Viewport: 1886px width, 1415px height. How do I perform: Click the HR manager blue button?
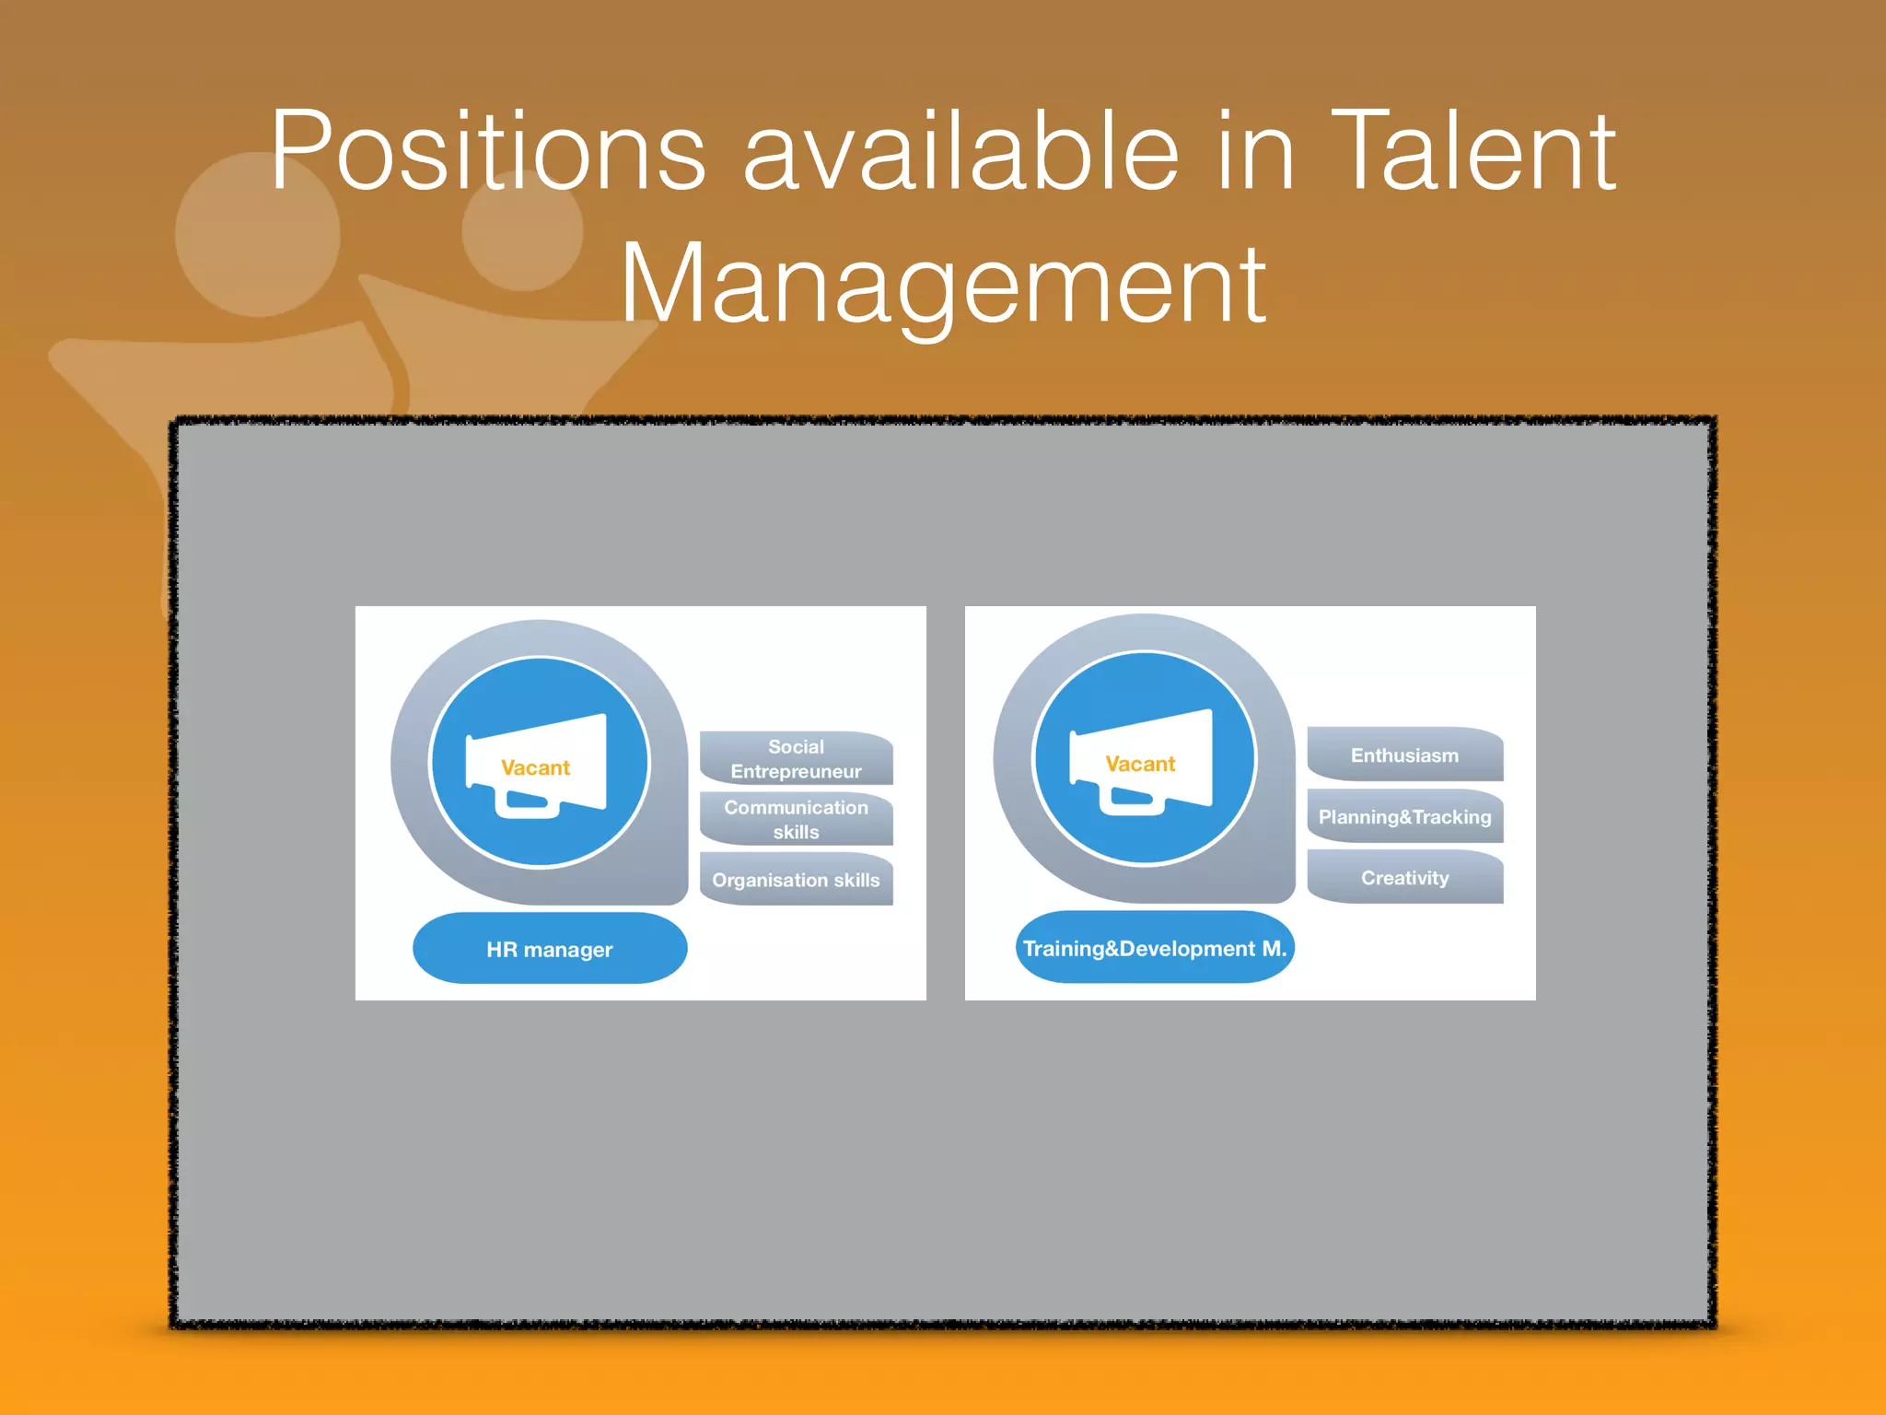550,949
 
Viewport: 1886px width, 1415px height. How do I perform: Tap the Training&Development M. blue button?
1155,948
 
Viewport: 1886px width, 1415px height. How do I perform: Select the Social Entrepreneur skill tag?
797,759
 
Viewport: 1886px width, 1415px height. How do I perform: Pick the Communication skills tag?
797,819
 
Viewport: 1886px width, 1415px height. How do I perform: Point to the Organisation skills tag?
797,880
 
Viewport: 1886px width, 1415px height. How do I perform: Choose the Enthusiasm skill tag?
1405,755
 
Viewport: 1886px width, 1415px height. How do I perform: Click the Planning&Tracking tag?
1405,817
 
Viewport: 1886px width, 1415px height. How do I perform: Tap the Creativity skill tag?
1405,878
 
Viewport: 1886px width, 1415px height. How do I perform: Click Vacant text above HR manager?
536,767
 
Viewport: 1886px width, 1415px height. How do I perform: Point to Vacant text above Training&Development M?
1141,764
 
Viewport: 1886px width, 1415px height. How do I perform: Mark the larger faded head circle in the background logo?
258,235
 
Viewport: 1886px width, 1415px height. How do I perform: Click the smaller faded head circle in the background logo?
522,230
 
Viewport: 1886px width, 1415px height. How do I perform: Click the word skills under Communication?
797,832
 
